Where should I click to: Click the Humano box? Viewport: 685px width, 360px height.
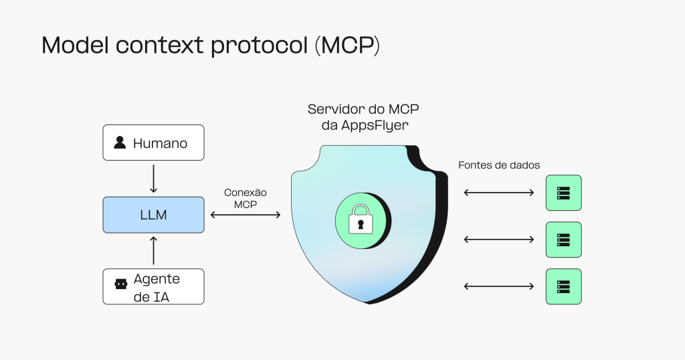tap(153, 143)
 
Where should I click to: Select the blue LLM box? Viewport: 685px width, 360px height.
tap(153, 215)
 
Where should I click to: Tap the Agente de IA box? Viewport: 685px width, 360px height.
tap(153, 286)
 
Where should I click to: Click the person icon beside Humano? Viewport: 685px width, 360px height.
tap(120, 143)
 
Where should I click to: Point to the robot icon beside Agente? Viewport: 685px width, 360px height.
tap(120, 284)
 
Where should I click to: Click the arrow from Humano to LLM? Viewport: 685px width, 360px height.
tap(153, 178)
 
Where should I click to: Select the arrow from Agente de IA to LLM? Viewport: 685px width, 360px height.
tap(153, 250)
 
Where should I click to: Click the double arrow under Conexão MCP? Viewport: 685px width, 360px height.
tap(246, 215)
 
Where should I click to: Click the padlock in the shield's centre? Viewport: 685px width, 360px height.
tap(361, 219)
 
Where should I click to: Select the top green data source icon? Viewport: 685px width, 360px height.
tap(563, 193)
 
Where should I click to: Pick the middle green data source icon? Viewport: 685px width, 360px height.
tap(563, 240)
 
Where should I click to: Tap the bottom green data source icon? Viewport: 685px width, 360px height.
tap(563, 286)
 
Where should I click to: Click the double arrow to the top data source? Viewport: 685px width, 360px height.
tap(498, 193)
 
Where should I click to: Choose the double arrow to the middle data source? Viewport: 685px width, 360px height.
tap(498, 240)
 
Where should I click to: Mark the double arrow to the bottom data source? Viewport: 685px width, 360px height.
tap(498, 286)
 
